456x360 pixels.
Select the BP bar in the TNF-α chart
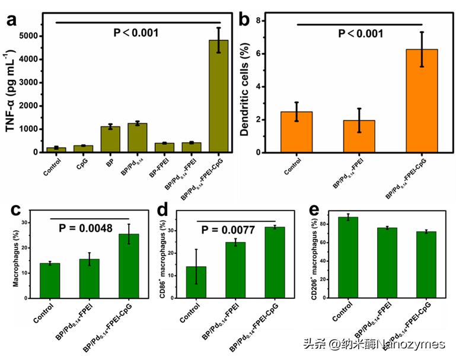click(110, 139)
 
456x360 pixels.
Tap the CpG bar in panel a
click(84, 149)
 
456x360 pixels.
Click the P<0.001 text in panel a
click(136, 33)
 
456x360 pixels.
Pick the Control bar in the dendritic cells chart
click(301, 132)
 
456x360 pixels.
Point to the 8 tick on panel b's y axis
click(259, 21)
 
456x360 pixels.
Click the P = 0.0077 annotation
click(236, 230)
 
